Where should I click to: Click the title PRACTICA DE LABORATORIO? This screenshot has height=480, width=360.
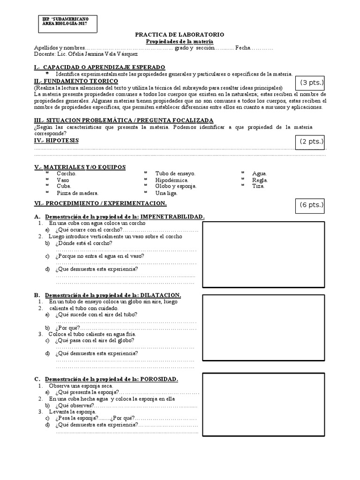click(180, 35)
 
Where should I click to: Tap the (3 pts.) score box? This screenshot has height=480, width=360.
click(312, 83)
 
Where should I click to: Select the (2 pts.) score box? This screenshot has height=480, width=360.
click(312, 142)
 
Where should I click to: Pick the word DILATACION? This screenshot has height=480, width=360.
click(157, 295)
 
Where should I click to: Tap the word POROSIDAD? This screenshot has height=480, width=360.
click(156, 379)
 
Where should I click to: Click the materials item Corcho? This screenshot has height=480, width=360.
click(66, 173)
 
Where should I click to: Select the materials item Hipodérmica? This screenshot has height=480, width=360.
click(172, 180)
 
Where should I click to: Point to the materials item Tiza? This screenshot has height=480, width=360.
click(258, 186)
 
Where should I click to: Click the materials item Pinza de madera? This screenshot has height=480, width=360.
click(77, 193)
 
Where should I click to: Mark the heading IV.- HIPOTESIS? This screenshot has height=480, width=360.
click(56, 140)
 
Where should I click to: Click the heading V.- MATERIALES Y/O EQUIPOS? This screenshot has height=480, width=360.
click(80, 167)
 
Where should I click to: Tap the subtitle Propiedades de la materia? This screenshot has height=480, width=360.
click(180, 41)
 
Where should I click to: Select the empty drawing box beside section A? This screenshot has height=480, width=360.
click(263, 253)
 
